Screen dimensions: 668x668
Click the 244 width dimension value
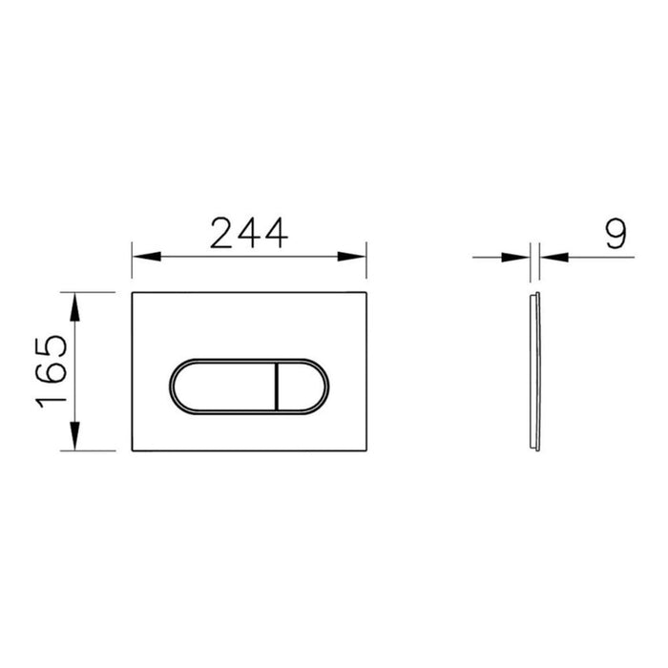(x=248, y=233)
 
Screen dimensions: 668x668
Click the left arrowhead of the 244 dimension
(x=139, y=257)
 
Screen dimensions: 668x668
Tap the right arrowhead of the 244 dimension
(x=358, y=257)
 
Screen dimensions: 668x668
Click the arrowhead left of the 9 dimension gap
(x=524, y=257)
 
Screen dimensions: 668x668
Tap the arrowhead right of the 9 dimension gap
(x=550, y=257)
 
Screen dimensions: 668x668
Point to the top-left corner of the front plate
(x=131, y=290)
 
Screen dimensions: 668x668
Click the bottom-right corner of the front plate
(x=366, y=452)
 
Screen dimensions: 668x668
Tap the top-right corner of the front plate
(x=366, y=290)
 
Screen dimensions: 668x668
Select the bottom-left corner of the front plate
(x=131, y=452)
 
